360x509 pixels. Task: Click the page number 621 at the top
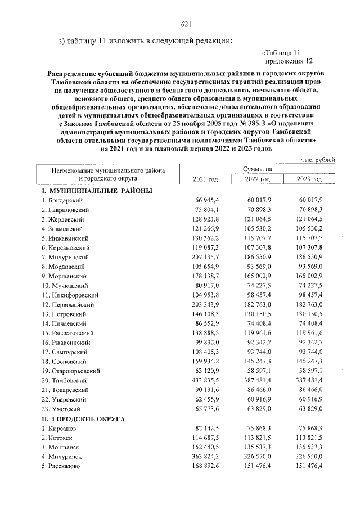[x=187, y=24]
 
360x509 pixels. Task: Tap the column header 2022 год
[x=257, y=179]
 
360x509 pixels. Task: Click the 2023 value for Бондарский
[x=310, y=200]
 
